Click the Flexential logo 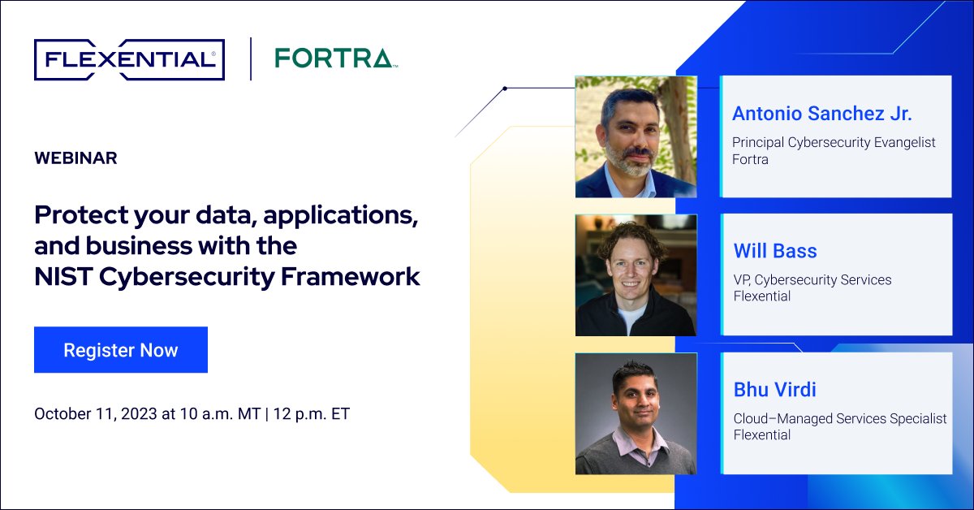pyautogui.click(x=129, y=59)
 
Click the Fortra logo pyautogui.click(x=334, y=58)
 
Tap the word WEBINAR pyautogui.click(x=75, y=158)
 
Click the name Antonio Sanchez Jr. pyautogui.click(x=822, y=113)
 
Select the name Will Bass pyautogui.click(x=775, y=251)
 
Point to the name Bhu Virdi pyautogui.click(x=774, y=389)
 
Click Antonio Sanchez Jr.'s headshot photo pyautogui.click(x=636, y=136)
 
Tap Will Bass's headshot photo pyautogui.click(x=636, y=274)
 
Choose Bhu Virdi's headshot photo pyautogui.click(x=636, y=413)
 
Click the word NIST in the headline pyautogui.click(x=62, y=276)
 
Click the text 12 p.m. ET pyautogui.click(x=312, y=413)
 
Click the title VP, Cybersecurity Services pyautogui.click(x=812, y=279)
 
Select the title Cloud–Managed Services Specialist pyautogui.click(x=840, y=418)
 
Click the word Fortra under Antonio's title pyautogui.click(x=750, y=159)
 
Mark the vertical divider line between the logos pyautogui.click(x=250, y=58)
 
